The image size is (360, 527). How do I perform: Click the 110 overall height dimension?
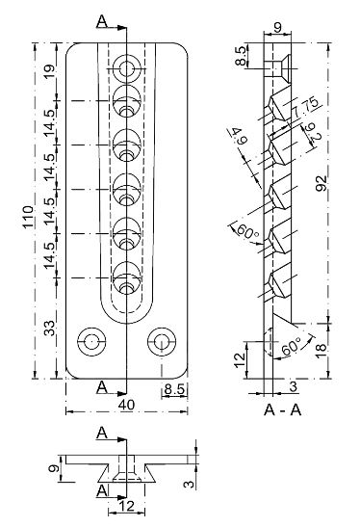coord(28,217)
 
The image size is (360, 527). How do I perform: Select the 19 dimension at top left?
coord(49,72)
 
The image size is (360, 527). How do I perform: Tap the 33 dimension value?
coord(49,328)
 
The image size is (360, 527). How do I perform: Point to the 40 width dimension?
coord(127,405)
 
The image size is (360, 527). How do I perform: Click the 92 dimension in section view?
coord(321,183)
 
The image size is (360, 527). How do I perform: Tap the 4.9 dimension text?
coord(239,136)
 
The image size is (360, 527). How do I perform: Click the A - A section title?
coord(282,409)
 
